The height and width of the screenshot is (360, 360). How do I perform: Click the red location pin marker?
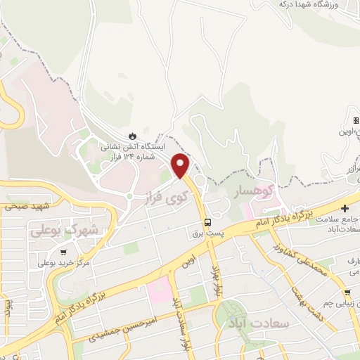point(181,165)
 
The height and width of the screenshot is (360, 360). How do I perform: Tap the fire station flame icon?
point(132,136)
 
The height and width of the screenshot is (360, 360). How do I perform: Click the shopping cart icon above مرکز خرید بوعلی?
point(64,252)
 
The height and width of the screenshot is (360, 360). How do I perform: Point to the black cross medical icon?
point(345,208)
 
